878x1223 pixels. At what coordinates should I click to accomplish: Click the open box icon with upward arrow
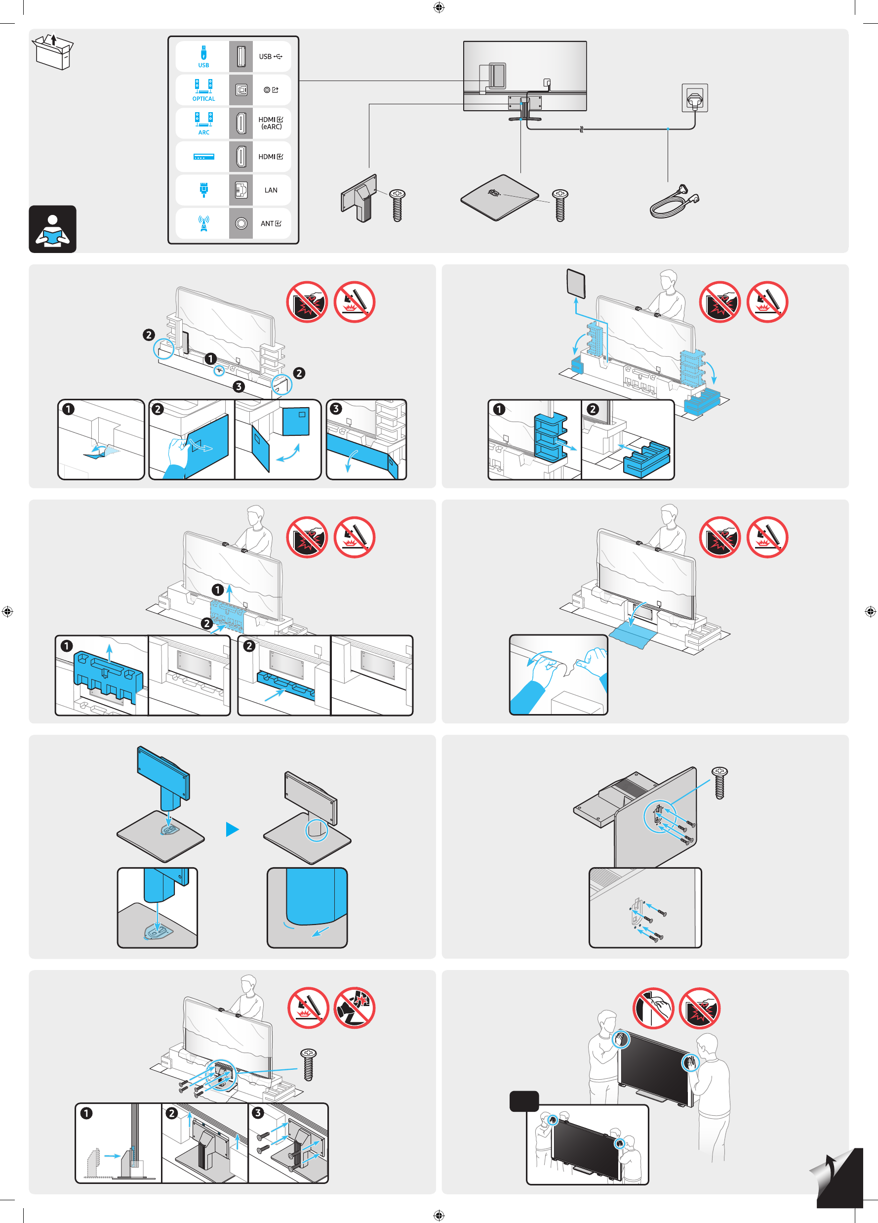pyautogui.click(x=53, y=51)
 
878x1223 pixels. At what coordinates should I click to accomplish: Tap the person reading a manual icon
pyautogui.click(x=52, y=229)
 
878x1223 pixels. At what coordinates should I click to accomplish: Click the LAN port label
pyautogui.click(x=271, y=190)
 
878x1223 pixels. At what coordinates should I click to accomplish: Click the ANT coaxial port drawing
pyautogui.click(x=241, y=223)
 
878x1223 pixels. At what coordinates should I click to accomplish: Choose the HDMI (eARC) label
pyautogui.click(x=271, y=123)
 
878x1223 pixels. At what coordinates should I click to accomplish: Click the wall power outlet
pyautogui.click(x=695, y=98)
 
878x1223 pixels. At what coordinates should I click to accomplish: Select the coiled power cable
pyautogui.click(x=674, y=202)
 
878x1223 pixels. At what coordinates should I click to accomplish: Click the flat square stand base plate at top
pyautogui.click(x=500, y=197)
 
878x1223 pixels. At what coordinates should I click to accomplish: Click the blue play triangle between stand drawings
pyautogui.click(x=232, y=829)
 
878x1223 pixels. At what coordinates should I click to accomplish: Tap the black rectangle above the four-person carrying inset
pyautogui.click(x=524, y=1101)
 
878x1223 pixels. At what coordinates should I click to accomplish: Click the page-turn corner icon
pyautogui.click(x=838, y=1176)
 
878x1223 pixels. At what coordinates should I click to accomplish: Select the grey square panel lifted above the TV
pyautogui.click(x=576, y=283)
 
